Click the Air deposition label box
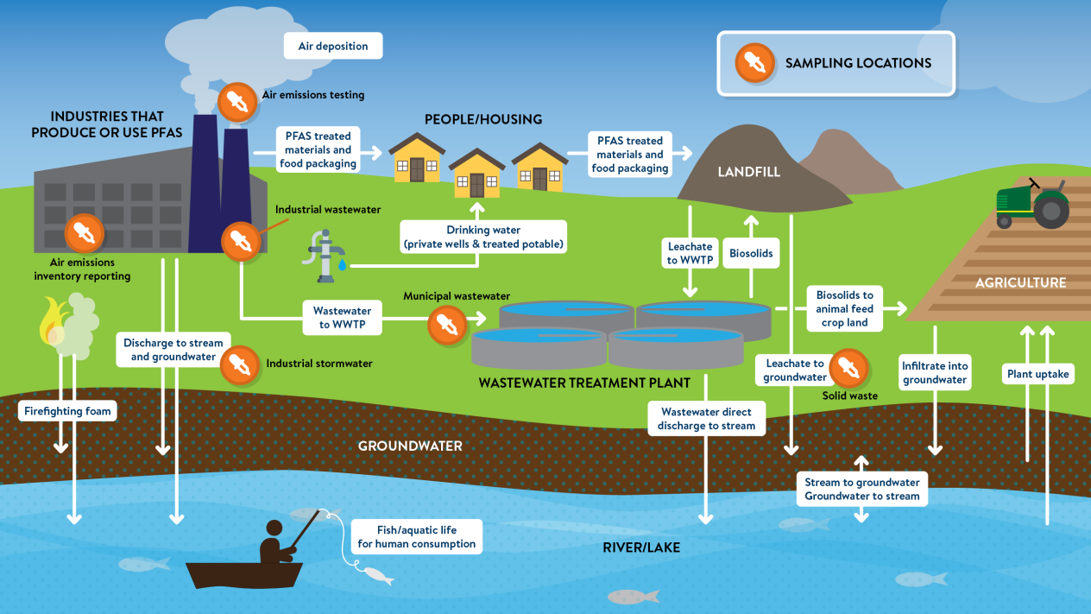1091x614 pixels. point(333,46)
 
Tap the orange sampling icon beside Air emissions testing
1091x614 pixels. point(237,102)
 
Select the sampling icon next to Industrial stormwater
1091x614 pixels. point(240,364)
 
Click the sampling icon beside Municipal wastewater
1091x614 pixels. point(447,324)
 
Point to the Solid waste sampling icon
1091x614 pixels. point(848,368)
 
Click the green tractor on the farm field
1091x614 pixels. point(1032,204)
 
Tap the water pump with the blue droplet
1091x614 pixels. point(325,256)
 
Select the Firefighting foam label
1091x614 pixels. point(67,411)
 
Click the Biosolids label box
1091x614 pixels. point(751,253)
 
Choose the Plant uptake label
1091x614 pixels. point(1037,374)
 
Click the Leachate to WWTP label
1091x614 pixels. point(690,253)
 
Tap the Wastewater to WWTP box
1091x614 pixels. point(342,317)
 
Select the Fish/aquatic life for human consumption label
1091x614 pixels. point(416,536)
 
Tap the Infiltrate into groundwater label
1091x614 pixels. point(935,372)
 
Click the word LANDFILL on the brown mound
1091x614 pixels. point(748,172)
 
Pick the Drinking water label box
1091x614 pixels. point(483,237)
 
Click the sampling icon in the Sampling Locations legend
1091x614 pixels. point(754,63)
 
